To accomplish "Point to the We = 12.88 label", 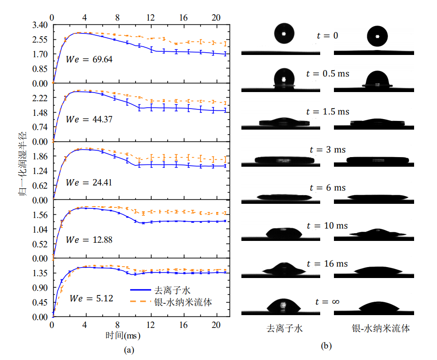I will pos(89,240).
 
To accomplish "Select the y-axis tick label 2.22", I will pos(40,98).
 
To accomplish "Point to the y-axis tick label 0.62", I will pos(40,185).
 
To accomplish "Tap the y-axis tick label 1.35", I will pos(40,273).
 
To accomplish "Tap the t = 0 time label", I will pos(328,35).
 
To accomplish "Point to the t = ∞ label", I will pos(327,301).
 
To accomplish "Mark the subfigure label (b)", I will pos(326,346).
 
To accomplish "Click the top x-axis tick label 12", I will pos(150,17).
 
